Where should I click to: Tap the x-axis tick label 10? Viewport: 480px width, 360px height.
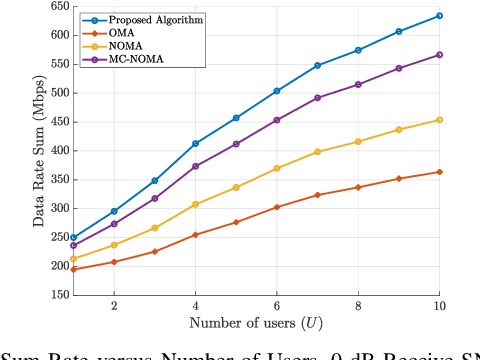439,306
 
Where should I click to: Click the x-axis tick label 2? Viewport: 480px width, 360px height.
114,306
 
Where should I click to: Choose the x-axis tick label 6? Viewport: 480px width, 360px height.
276,306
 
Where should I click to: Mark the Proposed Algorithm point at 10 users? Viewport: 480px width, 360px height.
439,16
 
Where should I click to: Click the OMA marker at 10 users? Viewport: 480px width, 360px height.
439,172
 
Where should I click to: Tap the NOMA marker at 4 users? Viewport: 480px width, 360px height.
195,204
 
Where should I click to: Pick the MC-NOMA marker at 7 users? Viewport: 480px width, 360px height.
317,98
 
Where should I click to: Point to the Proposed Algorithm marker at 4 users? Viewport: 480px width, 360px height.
195,143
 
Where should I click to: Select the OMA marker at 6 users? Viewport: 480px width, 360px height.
276,207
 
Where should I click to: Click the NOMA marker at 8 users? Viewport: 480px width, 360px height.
358,141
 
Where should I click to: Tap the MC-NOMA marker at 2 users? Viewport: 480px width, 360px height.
114,224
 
